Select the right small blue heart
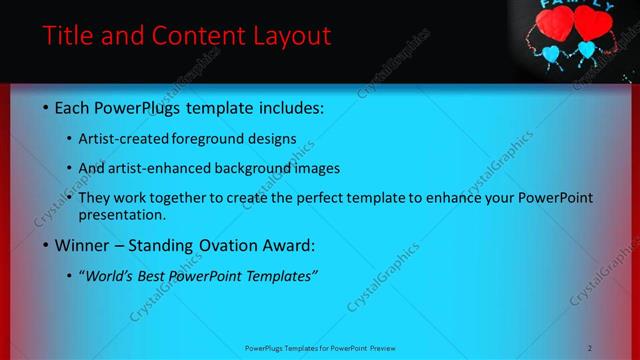tap(587, 48)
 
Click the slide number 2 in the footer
tap(590, 348)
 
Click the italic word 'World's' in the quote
tap(113, 275)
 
